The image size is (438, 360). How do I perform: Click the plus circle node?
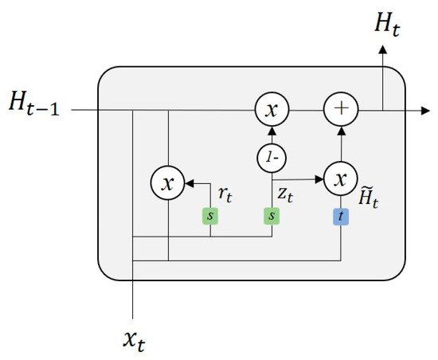pyautogui.click(x=340, y=110)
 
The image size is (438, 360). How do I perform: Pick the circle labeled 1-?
pyautogui.click(x=271, y=157)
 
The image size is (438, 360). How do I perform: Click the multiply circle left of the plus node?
pyautogui.click(x=271, y=110)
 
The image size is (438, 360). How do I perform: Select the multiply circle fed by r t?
pyautogui.click(x=167, y=183)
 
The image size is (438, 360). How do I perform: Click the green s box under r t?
pyautogui.click(x=210, y=215)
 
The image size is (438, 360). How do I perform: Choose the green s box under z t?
pyautogui.click(x=271, y=215)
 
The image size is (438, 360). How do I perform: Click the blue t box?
pyautogui.click(x=340, y=215)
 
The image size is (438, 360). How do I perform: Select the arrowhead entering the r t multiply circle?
pyautogui.click(x=188, y=183)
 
